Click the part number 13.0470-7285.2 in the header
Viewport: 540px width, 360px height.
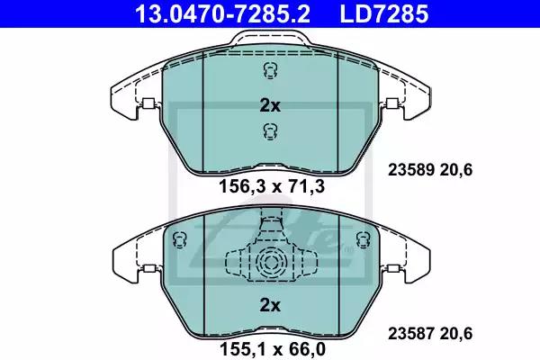pyautogui.click(x=223, y=13)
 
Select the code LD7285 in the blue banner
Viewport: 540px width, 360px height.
pyautogui.click(x=384, y=13)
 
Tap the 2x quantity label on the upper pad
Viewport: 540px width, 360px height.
pyautogui.click(x=270, y=106)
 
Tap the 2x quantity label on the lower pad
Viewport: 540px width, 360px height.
pyautogui.click(x=270, y=305)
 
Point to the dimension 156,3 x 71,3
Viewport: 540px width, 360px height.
pyautogui.click(x=272, y=186)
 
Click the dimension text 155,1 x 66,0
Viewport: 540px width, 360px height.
pyautogui.click(x=272, y=349)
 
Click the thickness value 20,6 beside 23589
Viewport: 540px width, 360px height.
pyautogui.click(x=456, y=170)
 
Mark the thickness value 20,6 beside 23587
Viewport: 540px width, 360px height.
pyautogui.click(x=456, y=334)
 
